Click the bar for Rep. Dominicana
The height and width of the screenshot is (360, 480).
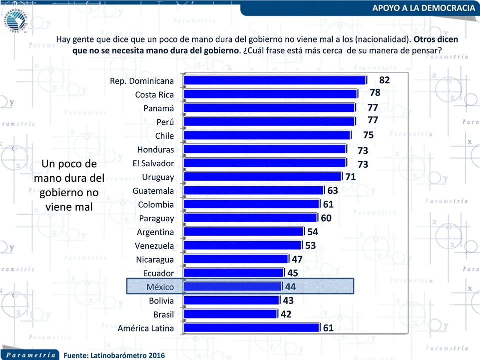point(275,80)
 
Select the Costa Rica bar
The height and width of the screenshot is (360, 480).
point(270,94)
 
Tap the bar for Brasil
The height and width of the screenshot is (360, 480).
point(230,314)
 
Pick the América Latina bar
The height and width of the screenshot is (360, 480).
point(251,328)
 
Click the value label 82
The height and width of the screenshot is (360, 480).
point(384,80)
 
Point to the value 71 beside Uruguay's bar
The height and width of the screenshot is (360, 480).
point(350,176)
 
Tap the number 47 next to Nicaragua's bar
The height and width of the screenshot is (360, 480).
point(297,259)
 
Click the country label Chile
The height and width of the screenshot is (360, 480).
point(164,136)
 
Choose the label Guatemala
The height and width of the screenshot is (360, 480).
point(153,191)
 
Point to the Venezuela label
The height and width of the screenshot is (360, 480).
point(154,246)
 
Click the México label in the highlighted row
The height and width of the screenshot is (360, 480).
point(160,287)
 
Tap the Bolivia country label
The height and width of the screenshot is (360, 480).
point(161,301)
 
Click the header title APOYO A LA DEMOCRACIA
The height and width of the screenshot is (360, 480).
point(424,8)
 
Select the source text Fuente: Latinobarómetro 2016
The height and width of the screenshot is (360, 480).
point(113,355)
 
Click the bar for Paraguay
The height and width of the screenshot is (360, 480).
point(250,218)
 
